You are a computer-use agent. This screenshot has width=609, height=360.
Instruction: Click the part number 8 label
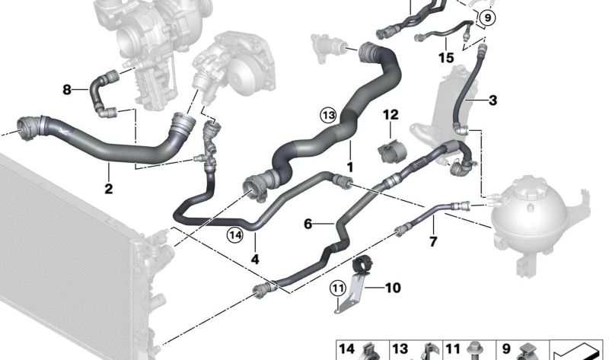point(67,90)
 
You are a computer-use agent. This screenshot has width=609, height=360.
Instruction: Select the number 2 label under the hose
point(109,189)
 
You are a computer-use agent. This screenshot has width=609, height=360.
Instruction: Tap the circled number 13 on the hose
point(328,115)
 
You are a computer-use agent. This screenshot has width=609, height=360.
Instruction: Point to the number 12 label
point(391,115)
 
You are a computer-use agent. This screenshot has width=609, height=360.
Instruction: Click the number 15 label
point(446,58)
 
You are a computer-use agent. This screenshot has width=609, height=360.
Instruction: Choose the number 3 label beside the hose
point(493,100)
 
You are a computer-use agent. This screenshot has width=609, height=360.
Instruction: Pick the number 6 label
point(308,224)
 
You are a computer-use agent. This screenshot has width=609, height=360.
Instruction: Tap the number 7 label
point(433,241)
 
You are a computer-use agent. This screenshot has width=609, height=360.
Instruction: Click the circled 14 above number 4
point(235,235)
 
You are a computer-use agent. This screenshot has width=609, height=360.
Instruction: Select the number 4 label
point(255,259)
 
